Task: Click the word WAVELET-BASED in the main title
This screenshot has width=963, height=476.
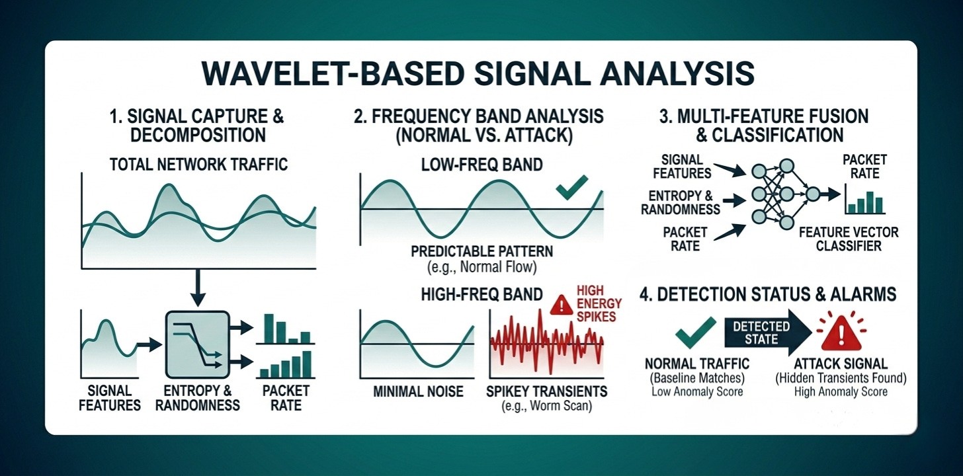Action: [333, 74]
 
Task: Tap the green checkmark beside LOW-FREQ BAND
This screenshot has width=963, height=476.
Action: [571, 187]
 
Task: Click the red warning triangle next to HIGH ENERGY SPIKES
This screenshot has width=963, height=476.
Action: [561, 305]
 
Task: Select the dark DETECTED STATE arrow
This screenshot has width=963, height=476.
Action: [768, 333]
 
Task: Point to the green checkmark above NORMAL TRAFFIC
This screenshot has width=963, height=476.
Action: [696, 332]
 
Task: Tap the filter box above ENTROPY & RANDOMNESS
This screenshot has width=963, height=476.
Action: [197, 344]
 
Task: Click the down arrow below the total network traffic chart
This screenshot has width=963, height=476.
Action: [198, 288]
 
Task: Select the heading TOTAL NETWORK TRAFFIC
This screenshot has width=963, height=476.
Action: [198, 165]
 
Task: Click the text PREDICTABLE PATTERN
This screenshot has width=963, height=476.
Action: [482, 251]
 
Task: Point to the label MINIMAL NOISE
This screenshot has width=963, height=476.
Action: [418, 391]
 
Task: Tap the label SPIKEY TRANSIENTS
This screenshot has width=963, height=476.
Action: [546, 391]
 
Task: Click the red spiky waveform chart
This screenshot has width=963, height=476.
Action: [547, 344]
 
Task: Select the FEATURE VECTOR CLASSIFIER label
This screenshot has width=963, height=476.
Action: [849, 239]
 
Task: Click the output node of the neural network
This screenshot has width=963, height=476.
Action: [812, 194]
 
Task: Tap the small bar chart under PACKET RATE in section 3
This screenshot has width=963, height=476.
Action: [864, 200]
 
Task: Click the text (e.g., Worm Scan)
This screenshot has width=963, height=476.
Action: [546, 406]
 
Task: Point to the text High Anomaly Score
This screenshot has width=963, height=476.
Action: [841, 392]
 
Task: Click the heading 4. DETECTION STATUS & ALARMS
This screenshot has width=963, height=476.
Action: [768, 294]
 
